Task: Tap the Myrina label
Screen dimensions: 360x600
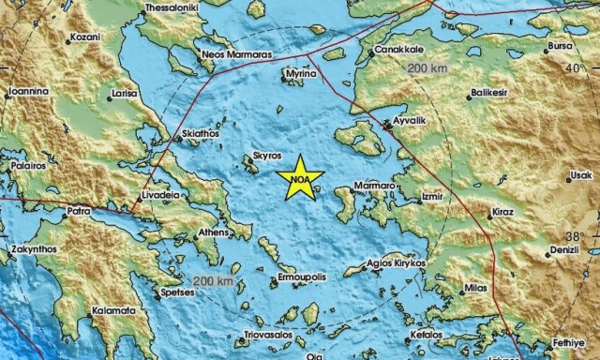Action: (300, 71)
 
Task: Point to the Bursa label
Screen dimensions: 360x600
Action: (560, 45)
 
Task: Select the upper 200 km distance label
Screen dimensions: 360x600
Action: (427, 69)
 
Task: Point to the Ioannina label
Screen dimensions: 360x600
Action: (27, 93)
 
